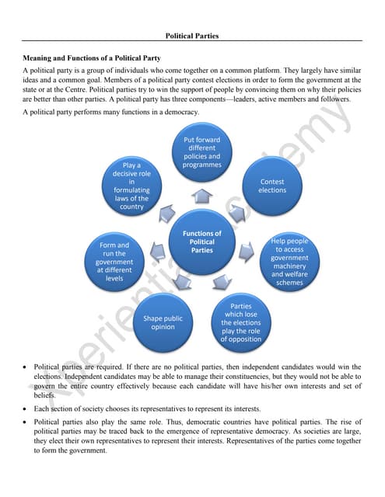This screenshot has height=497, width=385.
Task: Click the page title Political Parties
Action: (192, 36)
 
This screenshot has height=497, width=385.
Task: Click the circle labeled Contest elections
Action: (272, 185)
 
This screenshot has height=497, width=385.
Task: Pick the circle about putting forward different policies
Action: (201, 153)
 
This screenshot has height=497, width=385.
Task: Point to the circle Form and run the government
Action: (114, 261)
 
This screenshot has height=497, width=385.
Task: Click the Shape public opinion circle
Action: (163, 322)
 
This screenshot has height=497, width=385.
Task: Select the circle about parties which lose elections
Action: (240, 323)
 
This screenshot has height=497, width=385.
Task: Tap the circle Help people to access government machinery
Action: (289, 261)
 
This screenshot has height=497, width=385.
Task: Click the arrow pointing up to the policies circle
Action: (201, 195)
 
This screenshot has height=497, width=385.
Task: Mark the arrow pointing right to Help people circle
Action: (247, 251)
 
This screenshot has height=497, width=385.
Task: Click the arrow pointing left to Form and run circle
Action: (157, 251)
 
